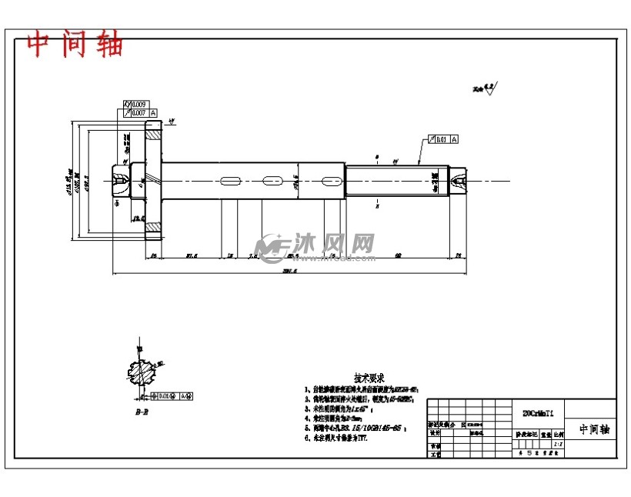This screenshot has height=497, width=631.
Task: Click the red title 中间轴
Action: point(75,45)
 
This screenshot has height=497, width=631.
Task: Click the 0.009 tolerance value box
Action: point(139,104)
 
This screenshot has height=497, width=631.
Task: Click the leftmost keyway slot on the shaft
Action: point(230,181)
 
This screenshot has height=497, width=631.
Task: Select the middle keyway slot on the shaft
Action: point(272,181)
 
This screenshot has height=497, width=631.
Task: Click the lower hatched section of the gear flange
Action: point(155,228)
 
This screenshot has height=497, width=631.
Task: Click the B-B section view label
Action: point(141,413)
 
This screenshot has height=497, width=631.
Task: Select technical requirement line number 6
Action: point(337,438)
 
